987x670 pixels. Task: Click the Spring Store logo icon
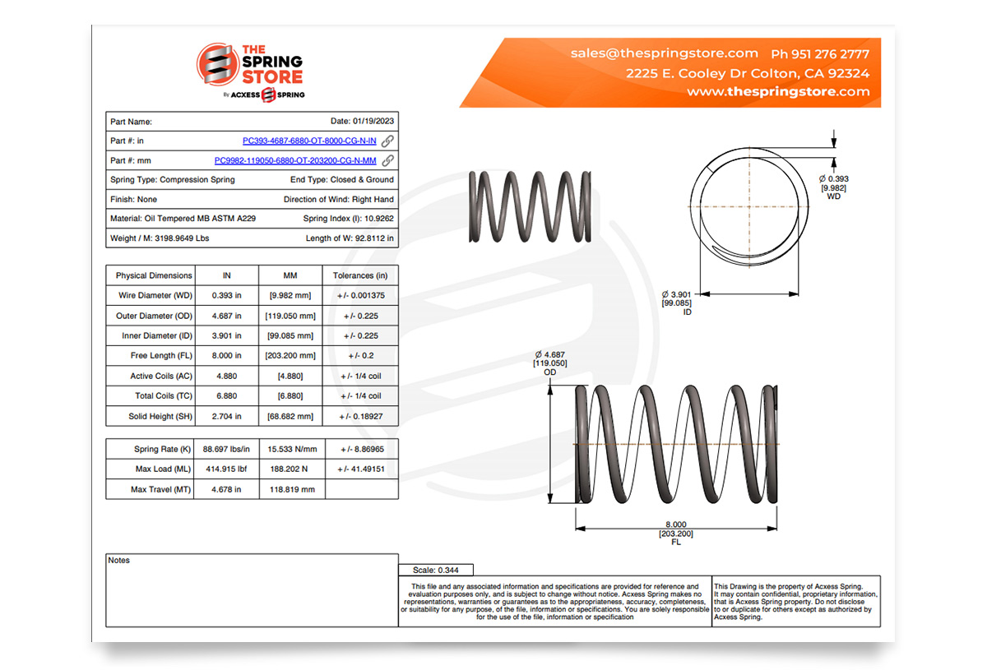[216, 64]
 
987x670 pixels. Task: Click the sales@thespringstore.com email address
[664, 53]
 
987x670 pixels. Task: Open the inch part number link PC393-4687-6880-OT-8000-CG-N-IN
[309, 141]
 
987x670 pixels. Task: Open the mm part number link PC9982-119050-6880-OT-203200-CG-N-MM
[295, 161]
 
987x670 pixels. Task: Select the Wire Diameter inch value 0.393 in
[226, 296]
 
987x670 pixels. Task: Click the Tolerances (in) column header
[360, 275]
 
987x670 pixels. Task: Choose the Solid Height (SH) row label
[151, 417]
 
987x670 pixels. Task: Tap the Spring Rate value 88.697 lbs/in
[226, 450]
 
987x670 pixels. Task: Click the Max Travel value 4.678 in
[226, 490]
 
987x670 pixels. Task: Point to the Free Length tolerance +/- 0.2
[360, 356]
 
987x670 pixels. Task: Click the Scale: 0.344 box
[436, 570]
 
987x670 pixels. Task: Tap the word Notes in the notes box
[119, 561]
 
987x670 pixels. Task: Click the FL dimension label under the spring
[676, 543]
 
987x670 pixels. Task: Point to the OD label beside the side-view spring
[549, 372]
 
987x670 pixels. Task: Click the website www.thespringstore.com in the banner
[778, 92]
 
